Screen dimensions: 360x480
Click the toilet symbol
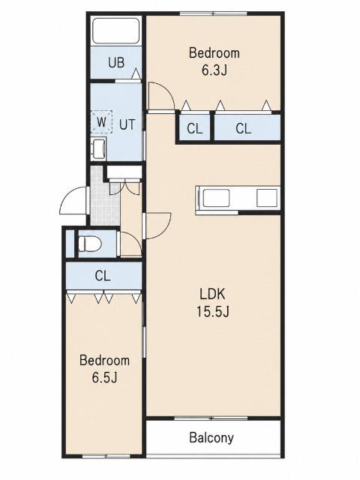pyautogui.click(x=90, y=244)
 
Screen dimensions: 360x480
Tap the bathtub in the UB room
pyautogui.click(x=116, y=31)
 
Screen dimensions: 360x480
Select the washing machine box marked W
pyautogui.click(x=102, y=121)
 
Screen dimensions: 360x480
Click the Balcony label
pyautogui.click(x=211, y=438)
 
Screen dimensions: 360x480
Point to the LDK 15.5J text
pyautogui.click(x=212, y=303)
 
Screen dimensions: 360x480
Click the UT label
pyautogui.click(x=127, y=124)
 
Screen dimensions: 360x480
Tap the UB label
pyautogui.click(x=116, y=62)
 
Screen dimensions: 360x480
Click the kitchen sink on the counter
pyautogui.click(x=216, y=198)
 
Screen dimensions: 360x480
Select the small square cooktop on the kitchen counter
pyautogui.click(x=267, y=198)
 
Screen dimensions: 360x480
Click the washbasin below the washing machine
pyautogui.click(x=98, y=148)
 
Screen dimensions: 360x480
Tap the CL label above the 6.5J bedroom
pyautogui.click(x=103, y=276)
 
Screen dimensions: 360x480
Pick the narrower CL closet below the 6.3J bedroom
pyautogui.click(x=195, y=128)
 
